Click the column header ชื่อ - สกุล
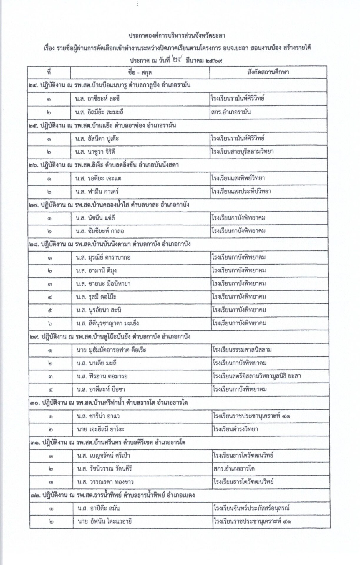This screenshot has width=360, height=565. point(140,72)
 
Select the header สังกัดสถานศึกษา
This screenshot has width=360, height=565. point(268,72)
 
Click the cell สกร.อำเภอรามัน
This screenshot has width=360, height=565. point(231,112)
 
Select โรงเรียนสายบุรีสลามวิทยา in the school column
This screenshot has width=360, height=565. point(242,152)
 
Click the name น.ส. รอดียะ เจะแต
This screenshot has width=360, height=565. point(98,178)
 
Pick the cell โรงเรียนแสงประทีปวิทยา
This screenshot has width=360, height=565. point(241,192)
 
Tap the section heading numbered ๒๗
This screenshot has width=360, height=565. point(109,205)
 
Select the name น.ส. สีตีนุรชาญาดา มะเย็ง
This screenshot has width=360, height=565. point(107,323)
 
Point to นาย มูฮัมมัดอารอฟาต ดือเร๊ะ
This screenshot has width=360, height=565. point(111,350)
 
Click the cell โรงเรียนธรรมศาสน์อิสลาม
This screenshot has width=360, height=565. point(242,350)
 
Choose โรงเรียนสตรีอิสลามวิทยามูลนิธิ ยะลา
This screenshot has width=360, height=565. point(256,376)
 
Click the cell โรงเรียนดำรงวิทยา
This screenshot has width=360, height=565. point(235,429)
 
